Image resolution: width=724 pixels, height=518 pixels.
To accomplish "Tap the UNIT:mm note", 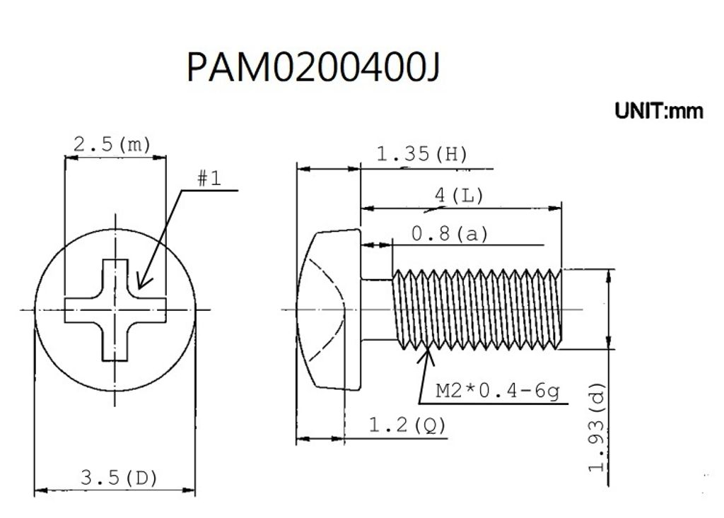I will pos(658,112).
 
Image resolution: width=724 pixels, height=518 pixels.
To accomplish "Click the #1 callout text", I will pos(209,179).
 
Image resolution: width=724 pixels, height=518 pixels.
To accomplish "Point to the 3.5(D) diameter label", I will pos(119,478).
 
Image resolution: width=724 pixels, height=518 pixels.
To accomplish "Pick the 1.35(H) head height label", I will pos(422,154).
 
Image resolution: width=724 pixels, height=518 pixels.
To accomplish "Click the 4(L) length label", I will pos(459,196).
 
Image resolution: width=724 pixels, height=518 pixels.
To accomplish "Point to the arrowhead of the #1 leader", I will pos(139,287).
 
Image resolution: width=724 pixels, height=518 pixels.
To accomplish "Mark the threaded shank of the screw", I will pos(476,309).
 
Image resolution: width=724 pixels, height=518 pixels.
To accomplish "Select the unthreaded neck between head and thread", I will pos(376,309).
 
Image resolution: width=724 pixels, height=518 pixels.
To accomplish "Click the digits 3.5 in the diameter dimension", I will pos(95,478).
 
